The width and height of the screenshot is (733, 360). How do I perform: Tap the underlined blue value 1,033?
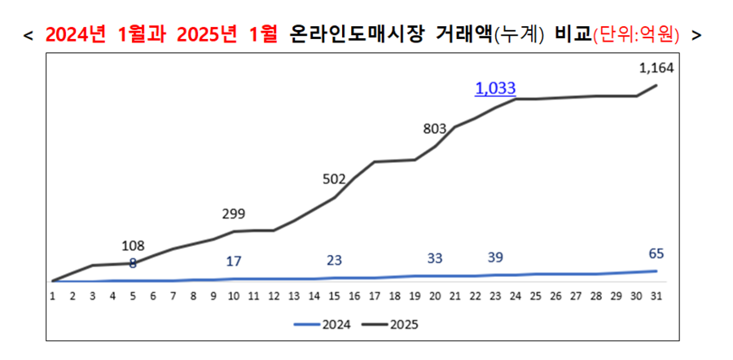(495, 88)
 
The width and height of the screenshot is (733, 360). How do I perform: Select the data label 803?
(437, 128)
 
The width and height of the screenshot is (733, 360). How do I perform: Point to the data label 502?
(335, 179)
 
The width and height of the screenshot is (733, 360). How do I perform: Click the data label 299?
(234, 214)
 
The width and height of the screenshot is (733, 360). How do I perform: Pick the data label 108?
(133, 246)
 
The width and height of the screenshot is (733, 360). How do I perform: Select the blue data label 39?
(495, 257)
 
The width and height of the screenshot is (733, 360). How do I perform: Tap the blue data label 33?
(435, 258)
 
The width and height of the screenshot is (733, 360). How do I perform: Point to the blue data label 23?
(335, 261)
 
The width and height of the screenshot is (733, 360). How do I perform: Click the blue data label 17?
(233, 261)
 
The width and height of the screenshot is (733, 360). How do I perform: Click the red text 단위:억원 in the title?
(638, 35)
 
